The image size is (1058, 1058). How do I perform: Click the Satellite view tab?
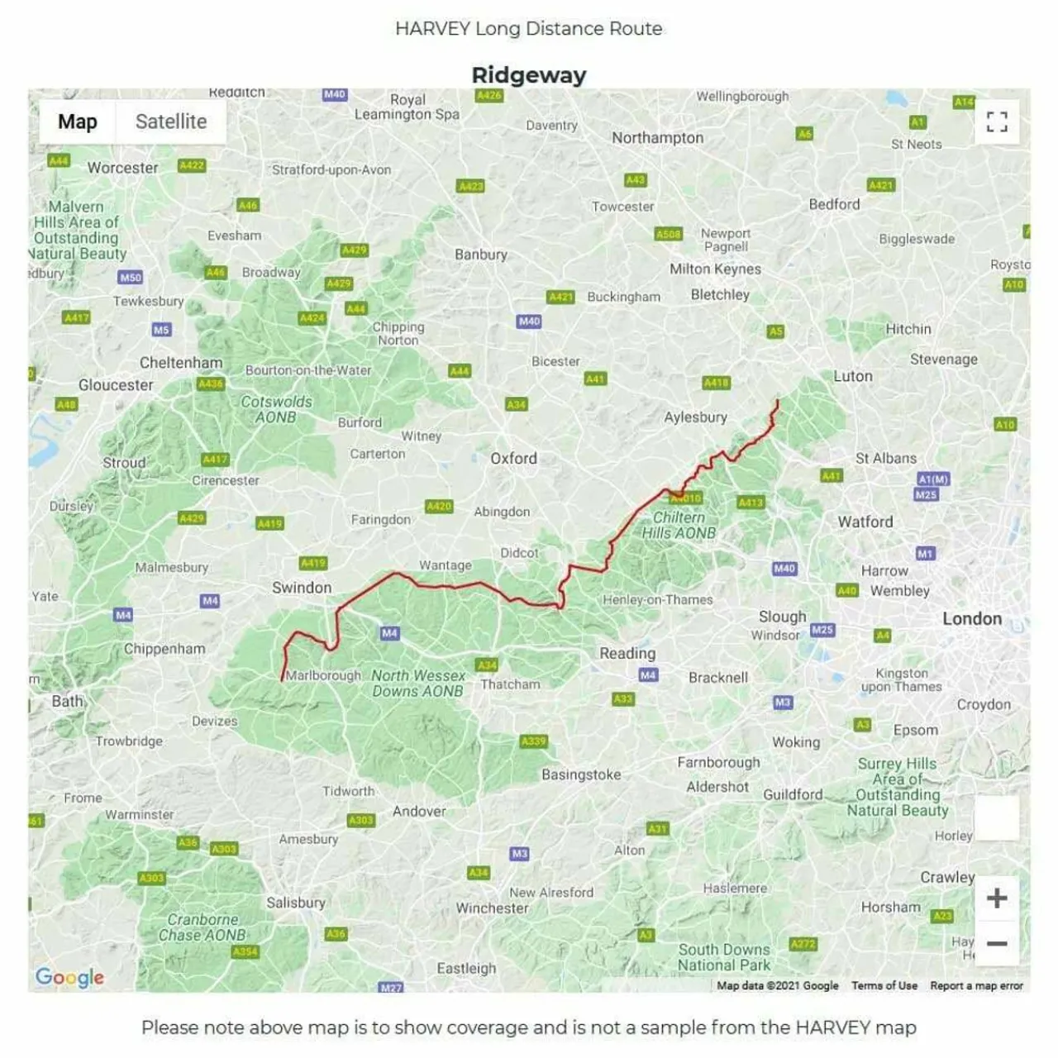[171, 122]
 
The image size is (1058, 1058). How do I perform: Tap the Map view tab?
[78, 122]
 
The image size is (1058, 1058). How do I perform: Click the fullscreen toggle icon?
[997, 122]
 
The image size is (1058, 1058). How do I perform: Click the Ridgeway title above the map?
[529, 75]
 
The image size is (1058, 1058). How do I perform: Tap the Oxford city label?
[513, 458]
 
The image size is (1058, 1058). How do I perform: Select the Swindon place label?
[302, 588]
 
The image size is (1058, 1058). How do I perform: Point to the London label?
[972, 619]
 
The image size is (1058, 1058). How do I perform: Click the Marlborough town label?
[324, 675]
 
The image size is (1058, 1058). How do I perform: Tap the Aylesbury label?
[696, 417]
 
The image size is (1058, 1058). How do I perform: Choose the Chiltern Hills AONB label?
[679, 525]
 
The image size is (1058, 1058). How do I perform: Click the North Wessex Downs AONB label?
[418, 684]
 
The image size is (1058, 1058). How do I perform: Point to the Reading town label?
[627, 653]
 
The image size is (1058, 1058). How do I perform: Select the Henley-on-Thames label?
[657, 600]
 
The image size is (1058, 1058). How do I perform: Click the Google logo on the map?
[69, 978]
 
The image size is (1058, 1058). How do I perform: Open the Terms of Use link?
[884, 985]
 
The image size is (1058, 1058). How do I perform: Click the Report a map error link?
[976, 985]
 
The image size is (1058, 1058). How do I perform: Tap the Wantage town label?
[446, 565]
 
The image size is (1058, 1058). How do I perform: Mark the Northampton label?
[658, 138]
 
